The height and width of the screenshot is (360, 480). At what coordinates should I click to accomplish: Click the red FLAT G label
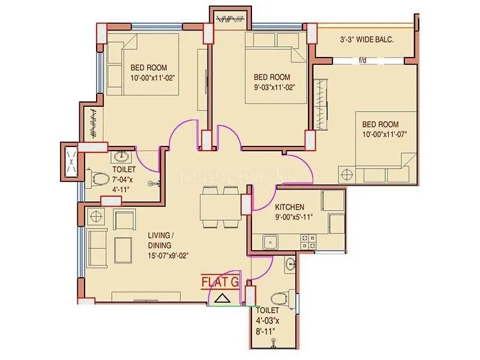coord(220,281)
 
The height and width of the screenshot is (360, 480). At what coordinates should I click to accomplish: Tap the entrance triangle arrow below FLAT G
coord(222,298)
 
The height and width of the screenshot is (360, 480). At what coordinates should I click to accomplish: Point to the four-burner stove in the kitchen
coord(308,241)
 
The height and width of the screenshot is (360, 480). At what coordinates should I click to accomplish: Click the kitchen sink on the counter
coord(269,242)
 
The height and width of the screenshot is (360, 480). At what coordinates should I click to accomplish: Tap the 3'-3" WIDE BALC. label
coord(367,41)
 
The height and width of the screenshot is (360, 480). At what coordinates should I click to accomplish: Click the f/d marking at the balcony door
coord(362,60)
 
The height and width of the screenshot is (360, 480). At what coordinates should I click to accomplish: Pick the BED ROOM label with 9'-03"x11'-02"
coord(272,77)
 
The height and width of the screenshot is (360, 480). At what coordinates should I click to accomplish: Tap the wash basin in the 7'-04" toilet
coord(123,157)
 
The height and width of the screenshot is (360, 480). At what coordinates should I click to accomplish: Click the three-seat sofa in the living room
coord(96,246)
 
